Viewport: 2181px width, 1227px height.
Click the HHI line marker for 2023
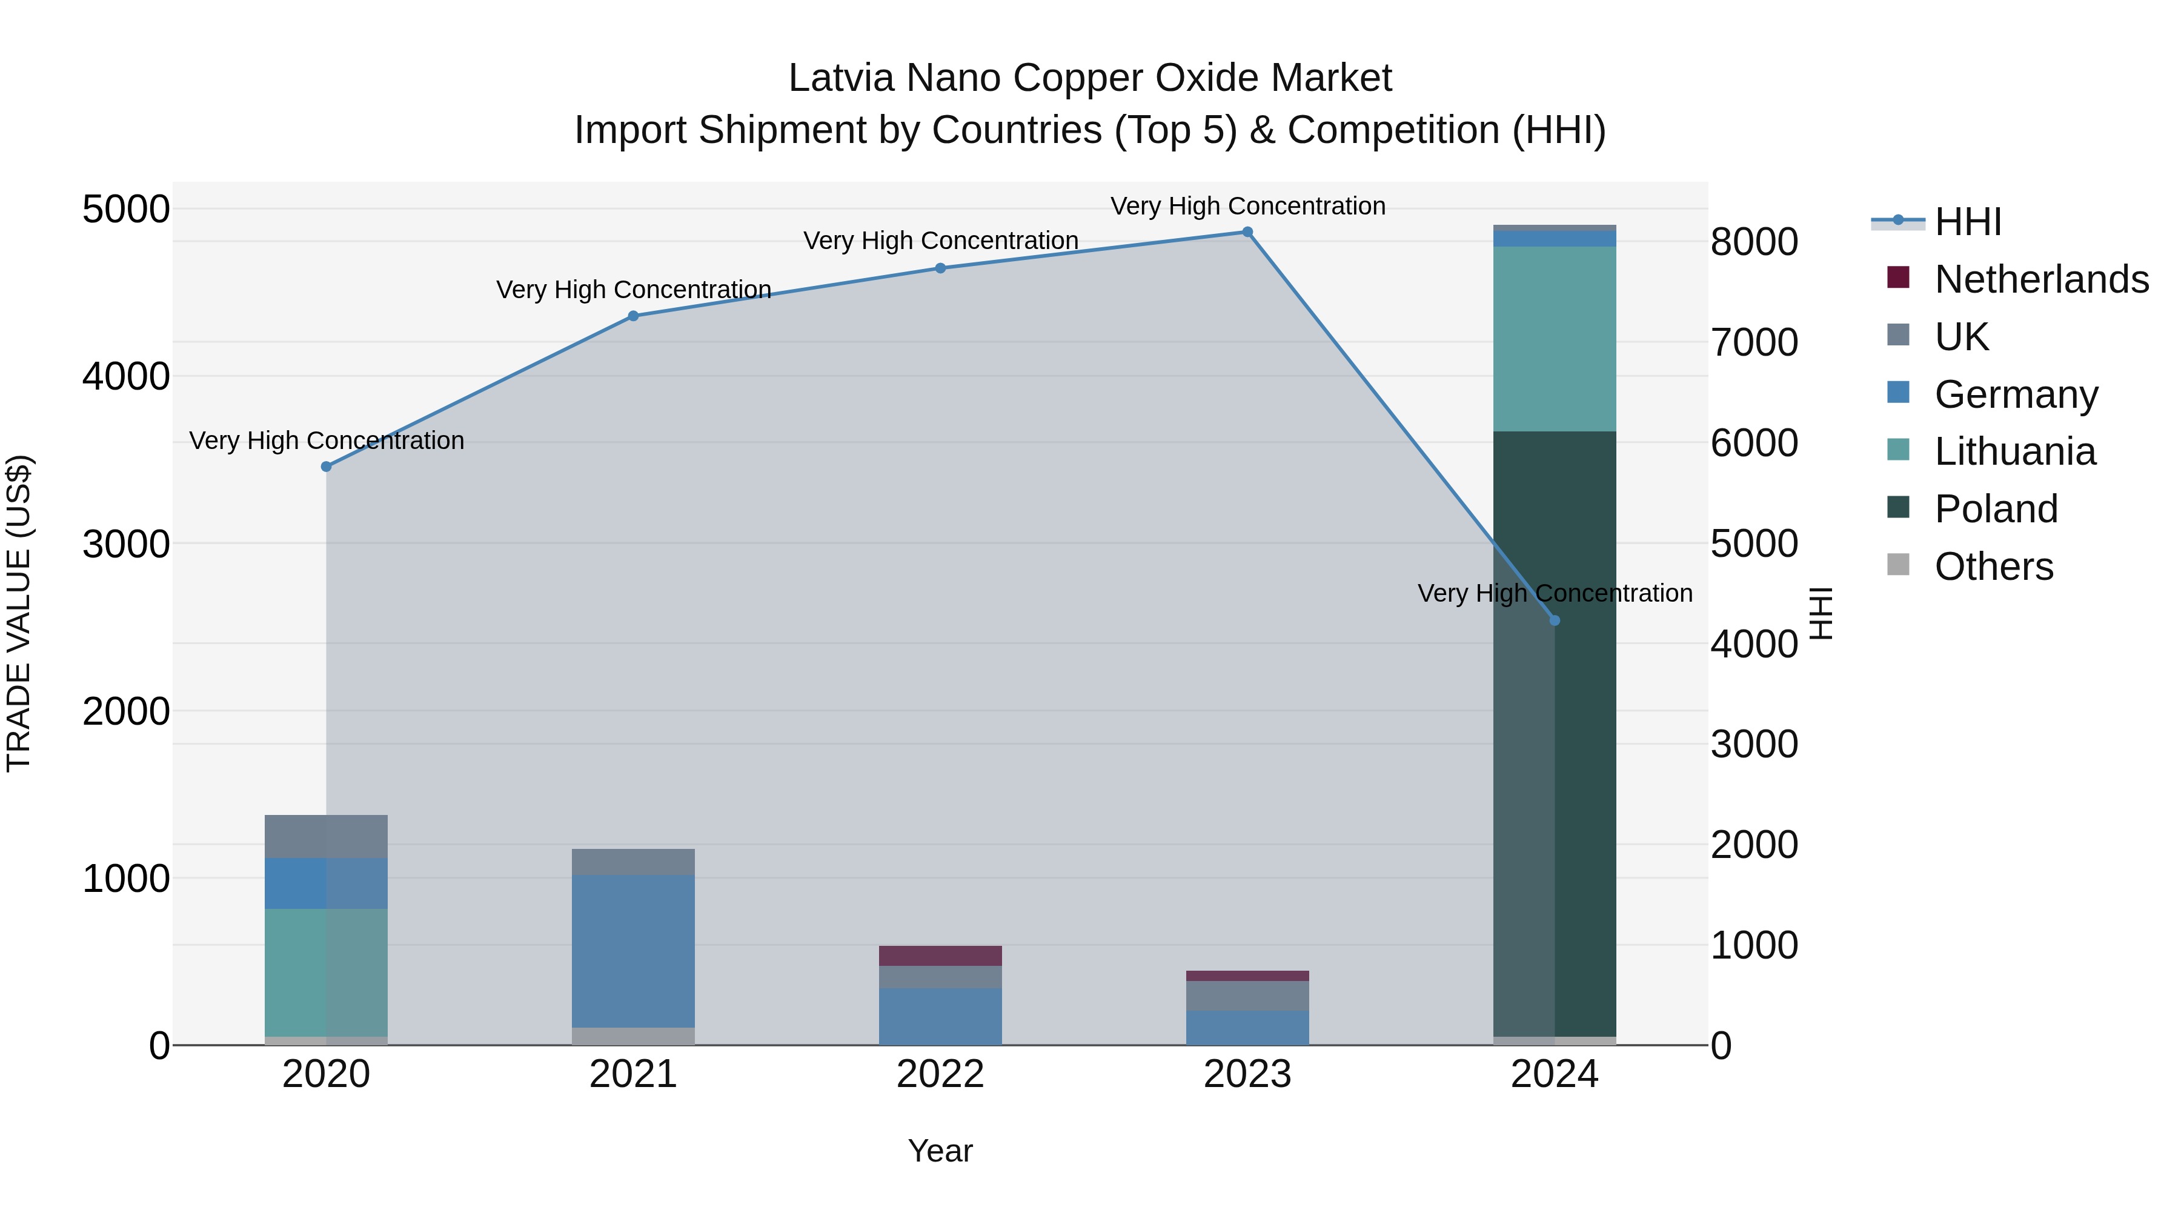pyautogui.click(x=1247, y=232)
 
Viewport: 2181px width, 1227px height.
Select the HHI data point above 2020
pyautogui.click(x=327, y=467)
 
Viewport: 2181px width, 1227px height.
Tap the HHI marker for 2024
pyautogui.click(x=1555, y=620)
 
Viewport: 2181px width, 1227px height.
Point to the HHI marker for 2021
pyautogui.click(x=633, y=316)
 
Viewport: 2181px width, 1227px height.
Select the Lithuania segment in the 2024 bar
pyautogui.click(x=1555, y=339)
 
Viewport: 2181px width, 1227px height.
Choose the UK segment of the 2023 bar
pyautogui.click(x=1247, y=996)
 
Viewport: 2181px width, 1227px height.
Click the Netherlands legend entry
pyautogui.click(x=2040, y=279)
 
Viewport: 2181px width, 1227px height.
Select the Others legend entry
pyautogui.click(x=1993, y=567)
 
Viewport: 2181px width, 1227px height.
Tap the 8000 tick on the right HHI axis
pyautogui.click(x=1754, y=242)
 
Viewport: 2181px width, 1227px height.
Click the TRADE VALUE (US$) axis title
pyautogui.click(x=19, y=613)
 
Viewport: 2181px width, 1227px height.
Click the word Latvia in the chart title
pyautogui.click(x=842, y=78)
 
